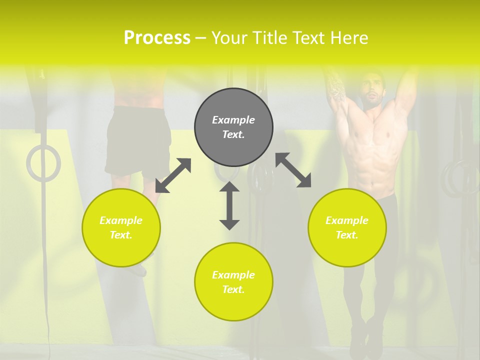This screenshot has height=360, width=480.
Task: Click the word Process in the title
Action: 157,38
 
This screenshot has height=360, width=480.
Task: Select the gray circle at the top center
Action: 233,127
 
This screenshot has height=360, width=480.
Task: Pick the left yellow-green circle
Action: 121,227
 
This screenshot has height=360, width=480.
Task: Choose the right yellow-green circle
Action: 347,227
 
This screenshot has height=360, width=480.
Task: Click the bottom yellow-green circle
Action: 233,281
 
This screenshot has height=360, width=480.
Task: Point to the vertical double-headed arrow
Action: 229,205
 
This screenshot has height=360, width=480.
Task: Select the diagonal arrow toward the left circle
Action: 173,175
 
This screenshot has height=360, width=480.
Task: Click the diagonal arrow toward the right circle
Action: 293,170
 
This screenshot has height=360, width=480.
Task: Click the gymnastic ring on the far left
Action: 43,163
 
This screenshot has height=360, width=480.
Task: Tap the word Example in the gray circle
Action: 233,120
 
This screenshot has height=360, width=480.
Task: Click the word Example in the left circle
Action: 121,220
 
